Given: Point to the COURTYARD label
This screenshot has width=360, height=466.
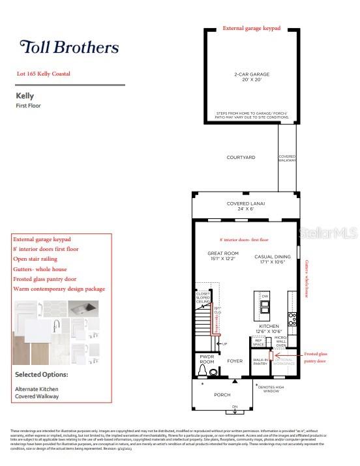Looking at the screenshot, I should [x=241, y=158].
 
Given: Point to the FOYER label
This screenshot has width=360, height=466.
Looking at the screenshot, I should [x=235, y=361].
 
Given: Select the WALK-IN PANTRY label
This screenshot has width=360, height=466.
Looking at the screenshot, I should [x=261, y=362].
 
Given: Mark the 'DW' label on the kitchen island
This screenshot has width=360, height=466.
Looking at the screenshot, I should [x=265, y=297].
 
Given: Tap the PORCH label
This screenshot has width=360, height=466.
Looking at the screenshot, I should [x=222, y=395].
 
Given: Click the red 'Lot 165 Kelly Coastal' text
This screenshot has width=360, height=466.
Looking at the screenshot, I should [x=44, y=74].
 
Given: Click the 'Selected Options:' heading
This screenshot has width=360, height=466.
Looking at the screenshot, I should [x=42, y=375].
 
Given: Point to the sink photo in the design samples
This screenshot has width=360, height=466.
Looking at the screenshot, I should [x=83, y=308].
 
